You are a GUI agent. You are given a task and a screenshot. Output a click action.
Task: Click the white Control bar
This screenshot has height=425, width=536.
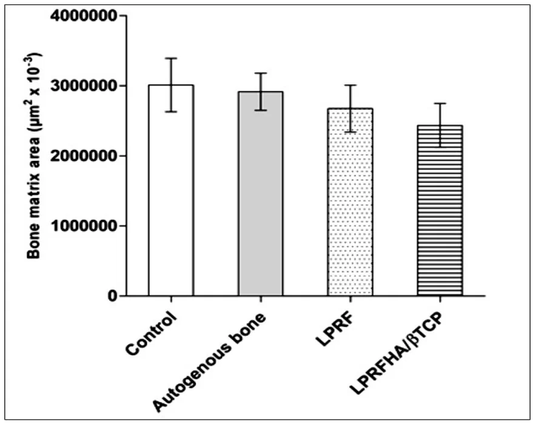[171, 190]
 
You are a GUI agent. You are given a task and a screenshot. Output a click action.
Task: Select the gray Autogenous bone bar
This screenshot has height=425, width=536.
[261, 194]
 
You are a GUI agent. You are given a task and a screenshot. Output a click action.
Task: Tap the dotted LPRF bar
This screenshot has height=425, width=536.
[350, 202]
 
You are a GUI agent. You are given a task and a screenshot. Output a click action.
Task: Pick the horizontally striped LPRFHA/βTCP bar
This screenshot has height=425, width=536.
[440, 211]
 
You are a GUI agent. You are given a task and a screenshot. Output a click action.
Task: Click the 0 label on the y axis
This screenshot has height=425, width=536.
[113, 296]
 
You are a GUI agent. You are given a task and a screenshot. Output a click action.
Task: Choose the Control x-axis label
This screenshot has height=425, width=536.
[152, 334]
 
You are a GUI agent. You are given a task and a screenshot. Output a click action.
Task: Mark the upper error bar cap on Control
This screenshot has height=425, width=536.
[171, 58]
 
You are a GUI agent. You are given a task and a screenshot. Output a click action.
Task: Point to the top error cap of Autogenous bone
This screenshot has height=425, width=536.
[261, 73]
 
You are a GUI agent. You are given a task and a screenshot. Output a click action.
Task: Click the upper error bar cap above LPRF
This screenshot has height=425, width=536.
[350, 85]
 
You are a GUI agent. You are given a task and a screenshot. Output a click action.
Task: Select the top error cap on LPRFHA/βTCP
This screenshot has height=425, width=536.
[440, 103]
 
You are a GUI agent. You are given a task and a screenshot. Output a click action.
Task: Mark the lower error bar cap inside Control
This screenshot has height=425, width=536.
[171, 112]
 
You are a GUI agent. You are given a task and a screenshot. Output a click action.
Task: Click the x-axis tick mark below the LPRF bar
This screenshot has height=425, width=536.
[350, 299]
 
